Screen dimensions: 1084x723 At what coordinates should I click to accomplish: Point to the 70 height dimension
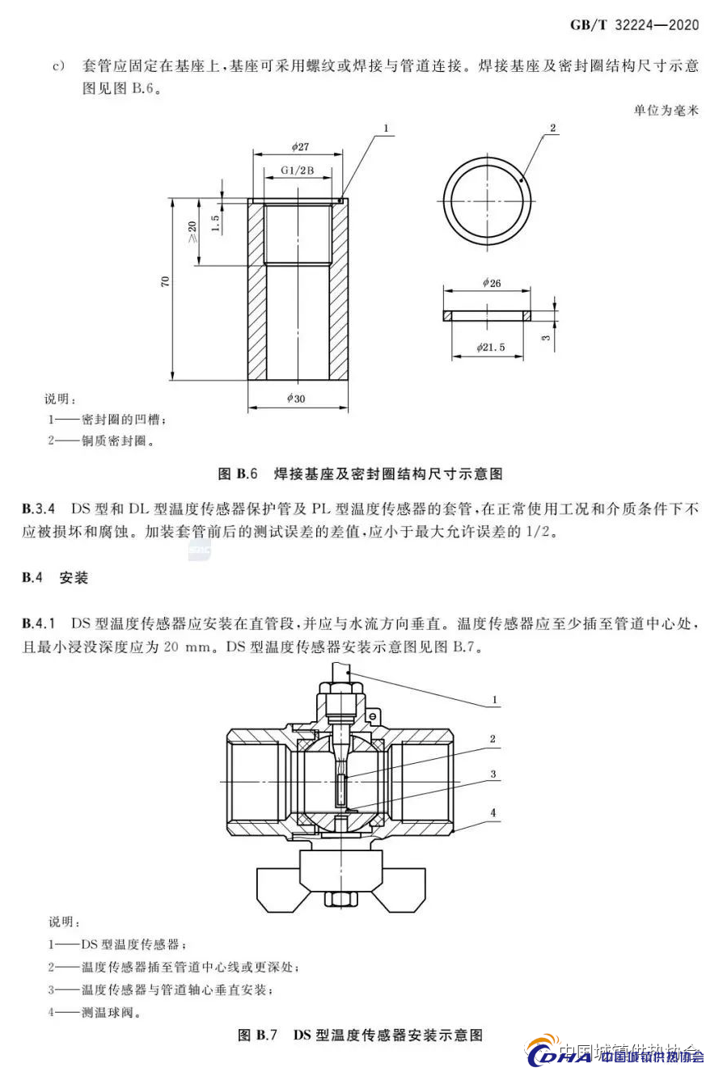(x=166, y=281)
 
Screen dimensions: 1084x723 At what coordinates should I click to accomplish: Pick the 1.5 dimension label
(x=215, y=223)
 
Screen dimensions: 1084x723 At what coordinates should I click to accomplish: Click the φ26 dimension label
(x=491, y=283)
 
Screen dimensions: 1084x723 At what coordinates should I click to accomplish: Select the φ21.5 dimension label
(x=489, y=346)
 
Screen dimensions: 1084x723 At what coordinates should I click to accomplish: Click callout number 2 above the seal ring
(x=552, y=129)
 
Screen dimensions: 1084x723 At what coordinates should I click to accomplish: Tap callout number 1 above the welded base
(x=387, y=129)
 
